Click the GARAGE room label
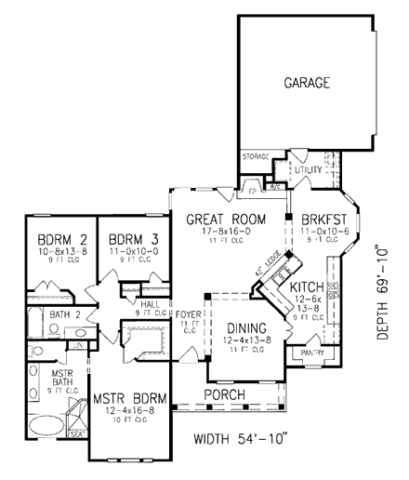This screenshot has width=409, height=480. [x=307, y=84]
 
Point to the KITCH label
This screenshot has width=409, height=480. [x=306, y=290]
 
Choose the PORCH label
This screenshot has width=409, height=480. [x=226, y=394]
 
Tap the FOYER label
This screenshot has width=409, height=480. [x=190, y=314]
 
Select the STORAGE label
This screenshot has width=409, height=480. [x=257, y=156]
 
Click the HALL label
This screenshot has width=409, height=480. [x=148, y=303]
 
